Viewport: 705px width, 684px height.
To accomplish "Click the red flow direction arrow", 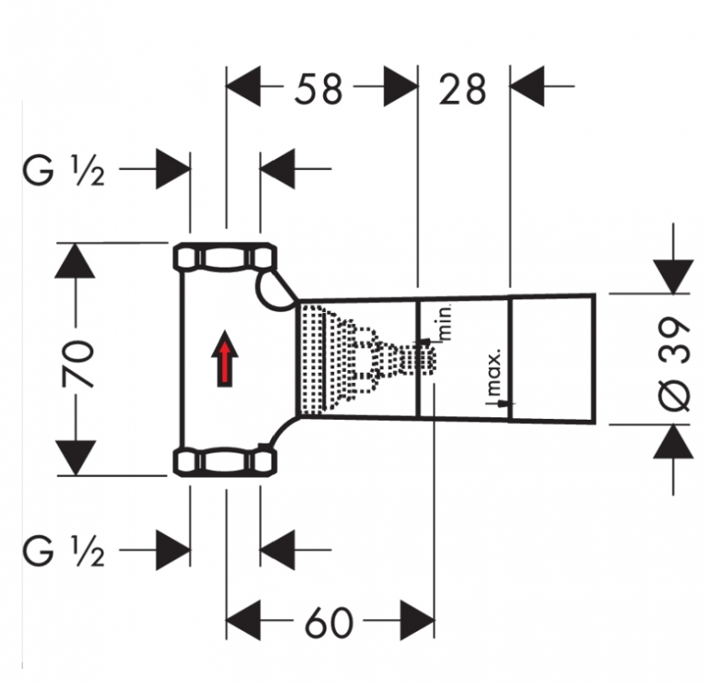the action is pos(225,358).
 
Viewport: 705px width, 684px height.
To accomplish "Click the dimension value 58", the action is pos(319,89).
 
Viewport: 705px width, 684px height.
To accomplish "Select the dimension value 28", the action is pos(462,89).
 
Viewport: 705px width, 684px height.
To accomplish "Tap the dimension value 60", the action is pos(329,622).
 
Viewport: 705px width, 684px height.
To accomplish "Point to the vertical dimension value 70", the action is pos(78,364).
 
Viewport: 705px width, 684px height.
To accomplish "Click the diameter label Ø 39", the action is pos(673,363).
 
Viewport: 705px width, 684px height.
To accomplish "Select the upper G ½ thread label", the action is pos(64,170).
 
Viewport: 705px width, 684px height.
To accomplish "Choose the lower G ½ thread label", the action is pos(64,551).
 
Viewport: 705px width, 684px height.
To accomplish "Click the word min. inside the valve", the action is pos(444,322).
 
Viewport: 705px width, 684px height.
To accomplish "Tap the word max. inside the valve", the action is pos(494,372).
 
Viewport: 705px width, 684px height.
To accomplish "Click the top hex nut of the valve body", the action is pos(225,257).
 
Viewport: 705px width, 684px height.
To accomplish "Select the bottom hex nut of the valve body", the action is pos(225,461).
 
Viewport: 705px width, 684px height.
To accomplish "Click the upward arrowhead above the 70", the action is pos(74,261).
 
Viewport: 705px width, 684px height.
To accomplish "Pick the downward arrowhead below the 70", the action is pos(75,457).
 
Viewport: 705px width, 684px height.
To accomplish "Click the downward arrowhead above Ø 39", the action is pos(673,277).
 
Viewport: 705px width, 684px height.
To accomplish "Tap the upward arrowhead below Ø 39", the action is pos(673,441).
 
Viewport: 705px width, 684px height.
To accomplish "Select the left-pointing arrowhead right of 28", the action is pos(527,85).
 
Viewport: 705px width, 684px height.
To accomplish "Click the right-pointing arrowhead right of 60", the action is pos(417,620).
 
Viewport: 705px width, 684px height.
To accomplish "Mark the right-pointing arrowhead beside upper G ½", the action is pos(173,169).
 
